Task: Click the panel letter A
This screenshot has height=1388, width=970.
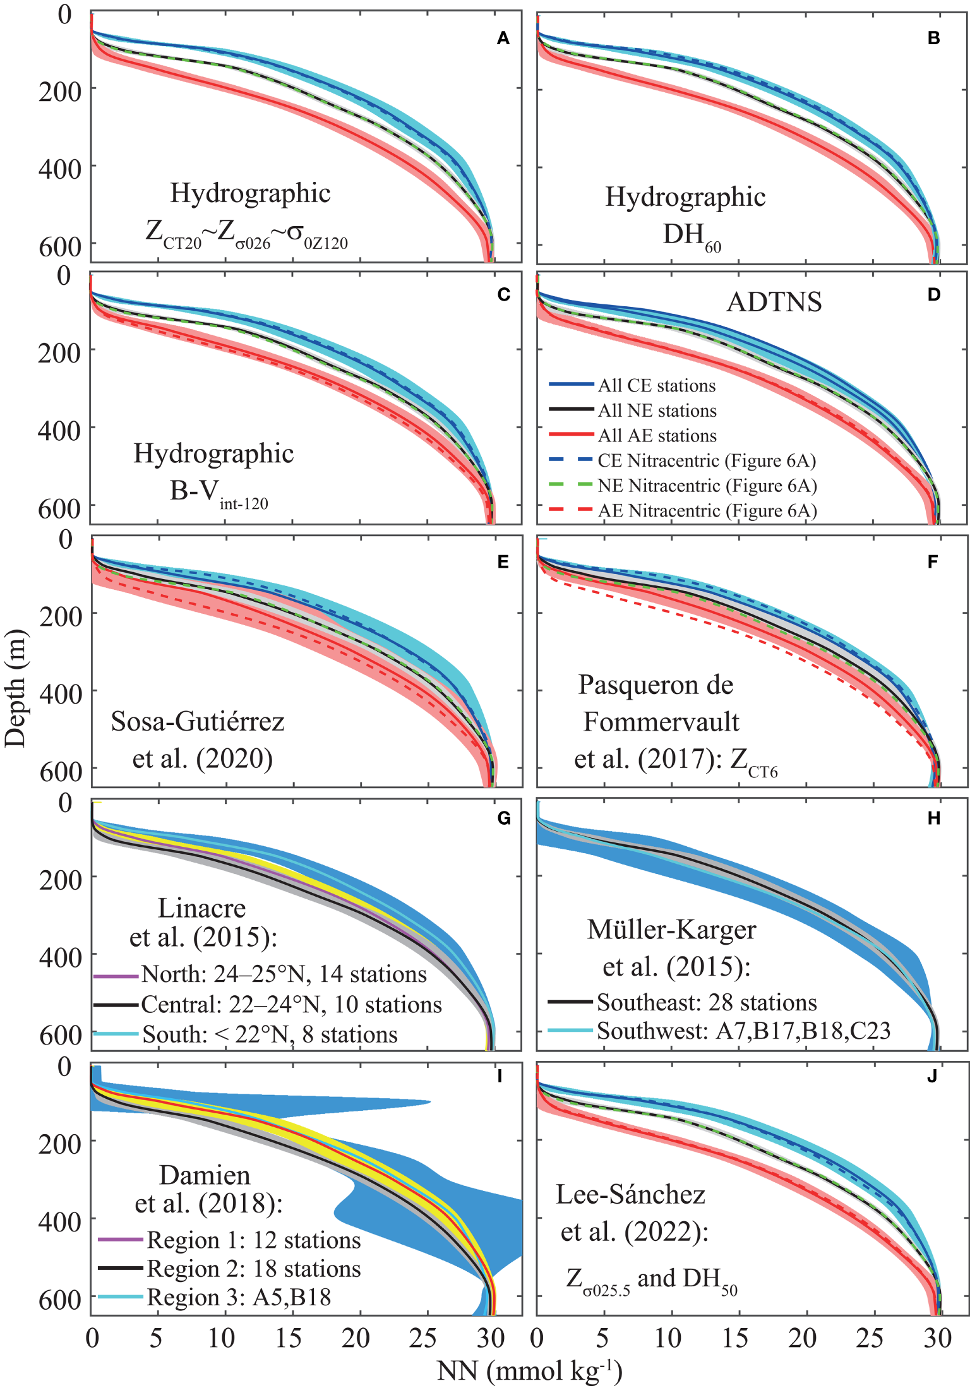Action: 503,39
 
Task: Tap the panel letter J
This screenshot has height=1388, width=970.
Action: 932,1077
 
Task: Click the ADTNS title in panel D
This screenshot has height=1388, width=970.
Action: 774,302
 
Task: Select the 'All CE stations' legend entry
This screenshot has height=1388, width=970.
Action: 657,385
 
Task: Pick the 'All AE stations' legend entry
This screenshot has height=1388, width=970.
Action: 657,435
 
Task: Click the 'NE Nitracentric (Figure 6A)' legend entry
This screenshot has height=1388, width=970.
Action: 707,486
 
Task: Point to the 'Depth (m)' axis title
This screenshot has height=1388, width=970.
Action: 15,688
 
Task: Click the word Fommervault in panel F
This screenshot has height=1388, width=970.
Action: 661,722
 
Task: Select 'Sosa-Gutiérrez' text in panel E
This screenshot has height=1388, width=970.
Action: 198,721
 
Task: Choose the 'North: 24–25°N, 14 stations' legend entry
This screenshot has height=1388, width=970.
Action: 284,974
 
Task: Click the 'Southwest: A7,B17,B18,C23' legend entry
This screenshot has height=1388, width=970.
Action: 743,1031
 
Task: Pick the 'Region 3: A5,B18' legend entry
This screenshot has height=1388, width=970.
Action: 239,1297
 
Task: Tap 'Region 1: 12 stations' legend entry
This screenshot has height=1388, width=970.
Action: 253,1240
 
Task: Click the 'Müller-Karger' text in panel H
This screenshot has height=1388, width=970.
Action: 671,930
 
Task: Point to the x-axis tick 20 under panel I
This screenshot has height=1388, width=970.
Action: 355,1337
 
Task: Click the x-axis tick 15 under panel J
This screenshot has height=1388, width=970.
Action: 735,1337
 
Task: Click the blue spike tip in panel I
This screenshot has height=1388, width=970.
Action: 429,1103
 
